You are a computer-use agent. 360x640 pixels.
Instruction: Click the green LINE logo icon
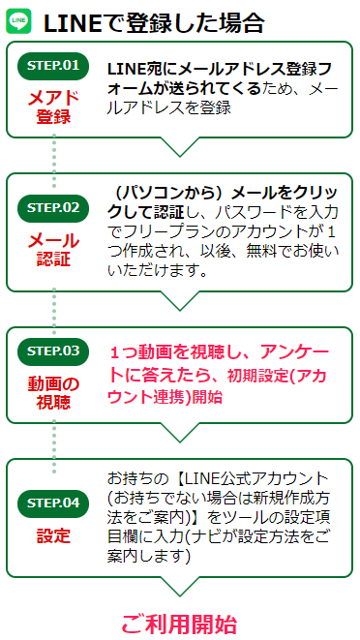(x=19, y=19)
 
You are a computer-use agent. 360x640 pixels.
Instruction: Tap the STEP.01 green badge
(x=52, y=66)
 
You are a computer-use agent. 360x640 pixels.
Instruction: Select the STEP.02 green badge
(x=52, y=206)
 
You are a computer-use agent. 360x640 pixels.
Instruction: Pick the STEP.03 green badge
(x=52, y=350)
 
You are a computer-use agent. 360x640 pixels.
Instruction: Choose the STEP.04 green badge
(x=52, y=503)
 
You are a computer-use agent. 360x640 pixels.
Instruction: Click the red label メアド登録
(x=52, y=107)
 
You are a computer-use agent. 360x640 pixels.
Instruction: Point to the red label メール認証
(x=52, y=249)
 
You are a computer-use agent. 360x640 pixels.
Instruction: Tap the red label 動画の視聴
(x=52, y=392)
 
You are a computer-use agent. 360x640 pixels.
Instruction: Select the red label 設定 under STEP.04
(x=52, y=535)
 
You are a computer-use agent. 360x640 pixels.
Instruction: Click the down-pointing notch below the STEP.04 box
(x=179, y=587)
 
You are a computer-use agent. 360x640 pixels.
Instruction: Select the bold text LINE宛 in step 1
(x=133, y=68)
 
